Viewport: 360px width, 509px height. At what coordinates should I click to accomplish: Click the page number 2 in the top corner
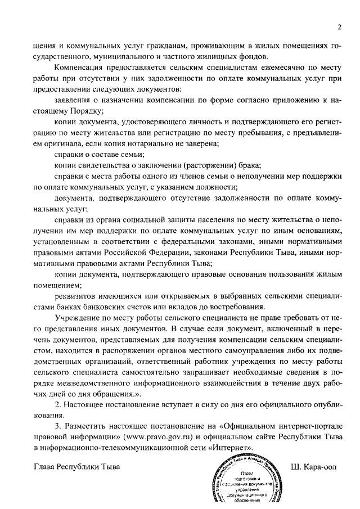pyautogui.click(x=340, y=26)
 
